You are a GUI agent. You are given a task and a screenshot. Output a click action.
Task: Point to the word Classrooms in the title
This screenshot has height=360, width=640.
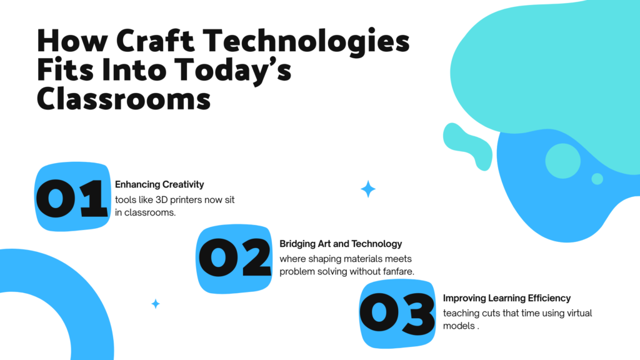(x=124, y=98)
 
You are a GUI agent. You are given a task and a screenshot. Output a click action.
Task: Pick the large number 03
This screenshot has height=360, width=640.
(x=397, y=314)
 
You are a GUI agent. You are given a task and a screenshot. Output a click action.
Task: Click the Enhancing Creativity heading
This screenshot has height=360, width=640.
(x=159, y=184)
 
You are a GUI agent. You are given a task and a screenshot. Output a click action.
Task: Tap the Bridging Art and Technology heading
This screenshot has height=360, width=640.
(x=341, y=244)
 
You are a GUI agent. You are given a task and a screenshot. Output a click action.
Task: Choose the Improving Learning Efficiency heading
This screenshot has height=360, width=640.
(x=506, y=298)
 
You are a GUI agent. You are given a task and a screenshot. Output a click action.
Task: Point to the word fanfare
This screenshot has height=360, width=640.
(x=398, y=271)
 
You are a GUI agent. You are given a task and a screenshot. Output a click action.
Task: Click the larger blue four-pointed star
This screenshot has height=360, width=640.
(x=368, y=189)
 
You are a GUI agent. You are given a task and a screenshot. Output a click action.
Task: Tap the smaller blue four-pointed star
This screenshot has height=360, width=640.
(x=156, y=304)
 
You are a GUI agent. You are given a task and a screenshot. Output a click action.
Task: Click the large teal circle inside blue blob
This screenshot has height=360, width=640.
(x=562, y=161)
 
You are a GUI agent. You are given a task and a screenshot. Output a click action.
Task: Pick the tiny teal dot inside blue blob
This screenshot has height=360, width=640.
(x=597, y=179)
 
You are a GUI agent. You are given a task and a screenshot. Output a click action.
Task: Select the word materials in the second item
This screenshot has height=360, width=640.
(x=377, y=259)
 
